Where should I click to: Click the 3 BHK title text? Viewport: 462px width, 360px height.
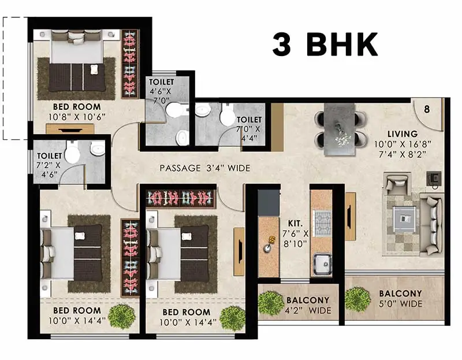click(325, 45)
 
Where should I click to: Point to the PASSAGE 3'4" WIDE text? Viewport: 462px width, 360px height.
click(204, 169)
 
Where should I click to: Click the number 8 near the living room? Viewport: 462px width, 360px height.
click(427, 109)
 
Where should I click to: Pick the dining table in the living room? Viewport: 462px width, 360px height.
click(340, 129)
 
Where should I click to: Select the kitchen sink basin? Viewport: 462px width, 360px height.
click(322, 263)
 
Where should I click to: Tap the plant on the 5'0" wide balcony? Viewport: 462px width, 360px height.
click(357, 299)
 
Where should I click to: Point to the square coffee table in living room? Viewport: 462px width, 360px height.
click(404, 218)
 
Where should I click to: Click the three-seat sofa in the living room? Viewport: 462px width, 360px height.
click(431, 225)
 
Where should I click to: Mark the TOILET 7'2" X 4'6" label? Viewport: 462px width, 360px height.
click(49, 164)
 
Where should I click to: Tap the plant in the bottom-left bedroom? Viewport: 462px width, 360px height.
click(121, 316)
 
